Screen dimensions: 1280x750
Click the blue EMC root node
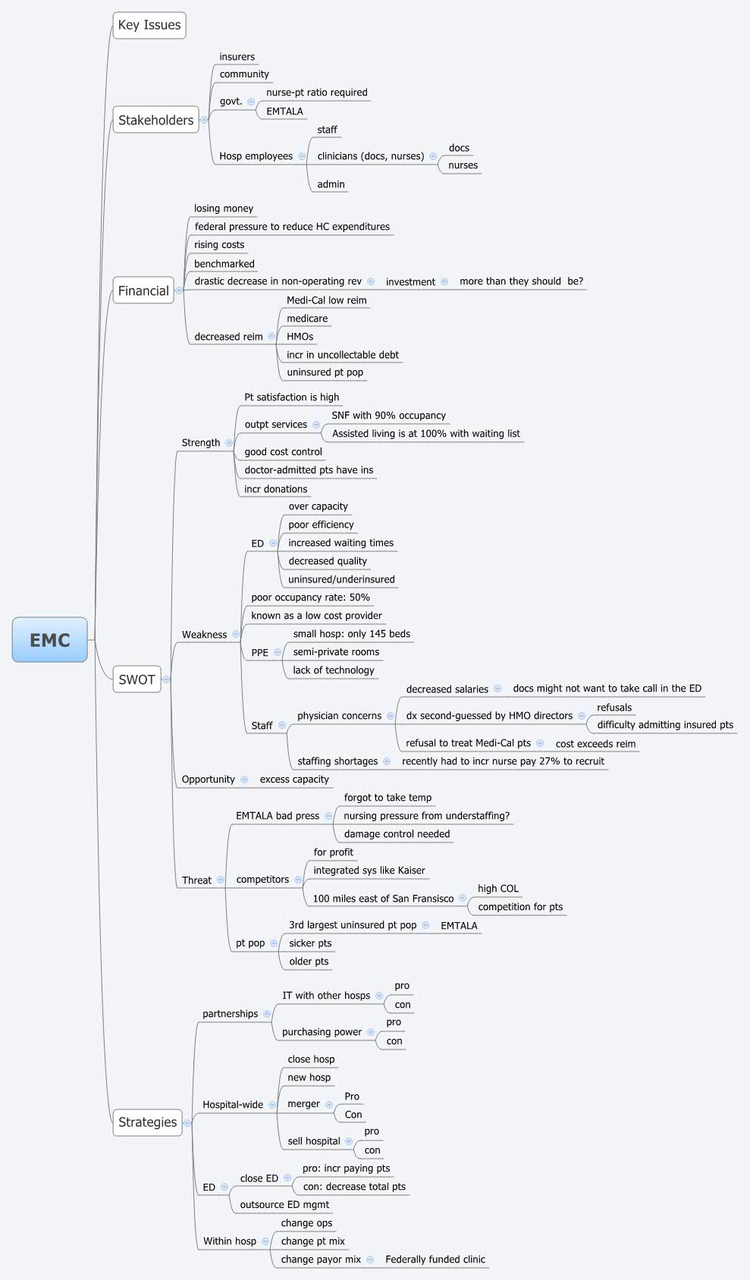click(x=50, y=640)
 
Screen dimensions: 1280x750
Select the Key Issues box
click(x=149, y=25)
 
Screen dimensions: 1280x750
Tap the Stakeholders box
click(x=155, y=120)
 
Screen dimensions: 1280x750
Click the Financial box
click(x=143, y=290)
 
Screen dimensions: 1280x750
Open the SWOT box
click(x=137, y=679)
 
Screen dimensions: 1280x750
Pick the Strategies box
click(x=147, y=1122)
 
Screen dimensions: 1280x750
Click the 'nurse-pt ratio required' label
click(x=316, y=93)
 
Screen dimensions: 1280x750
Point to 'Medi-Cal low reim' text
click(x=326, y=300)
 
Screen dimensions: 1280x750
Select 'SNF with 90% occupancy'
click(x=388, y=416)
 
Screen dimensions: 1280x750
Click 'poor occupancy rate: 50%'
click(x=310, y=598)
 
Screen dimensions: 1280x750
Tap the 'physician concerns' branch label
click(x=339, y=716)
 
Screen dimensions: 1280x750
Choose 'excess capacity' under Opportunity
click(x=294, y=780)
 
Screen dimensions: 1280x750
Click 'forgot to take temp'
click(x=388, y=798)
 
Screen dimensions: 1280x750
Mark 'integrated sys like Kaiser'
click(x=369, y=871)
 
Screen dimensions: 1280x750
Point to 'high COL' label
click(x=497, y=889)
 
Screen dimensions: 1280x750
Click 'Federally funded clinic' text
click(x=435, y=1260)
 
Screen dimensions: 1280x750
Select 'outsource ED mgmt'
click(x=284, y=1205)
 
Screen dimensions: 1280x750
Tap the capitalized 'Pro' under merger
click(x=352, y=1096)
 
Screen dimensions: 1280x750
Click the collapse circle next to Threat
click(x=221, y=880)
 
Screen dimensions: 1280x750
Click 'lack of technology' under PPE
click(x=333, y=670)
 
